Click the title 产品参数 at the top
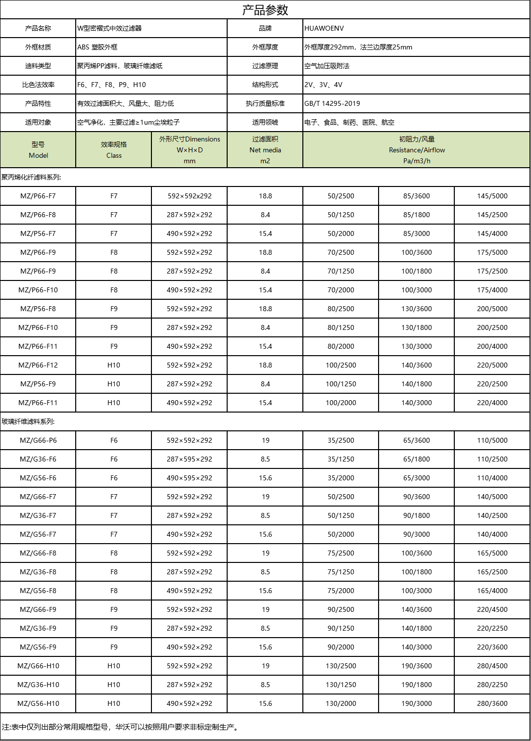265,10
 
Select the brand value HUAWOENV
324,28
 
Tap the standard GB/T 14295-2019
332,103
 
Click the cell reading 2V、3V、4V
323,85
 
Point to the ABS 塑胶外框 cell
97,47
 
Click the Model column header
38,150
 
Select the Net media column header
265,150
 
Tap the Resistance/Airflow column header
416,150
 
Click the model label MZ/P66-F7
38,196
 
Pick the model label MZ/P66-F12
38,365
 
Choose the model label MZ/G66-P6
38,440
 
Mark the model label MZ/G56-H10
38,703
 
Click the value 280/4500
492,666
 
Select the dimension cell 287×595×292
189,459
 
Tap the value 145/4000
492,233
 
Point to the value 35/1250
340,459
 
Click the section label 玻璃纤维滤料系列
28,421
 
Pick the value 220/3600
492,647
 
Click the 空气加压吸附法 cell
327,66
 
